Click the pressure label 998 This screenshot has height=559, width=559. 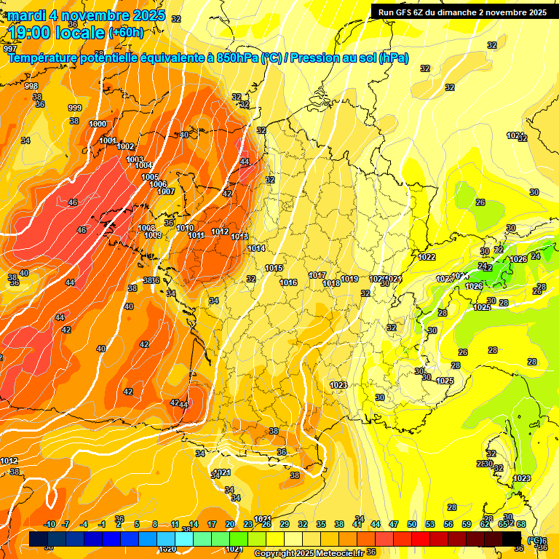(31, 86)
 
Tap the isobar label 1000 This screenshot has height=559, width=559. (97, 124)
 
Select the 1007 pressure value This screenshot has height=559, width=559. (166, 191)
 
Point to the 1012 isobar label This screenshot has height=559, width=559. (220, 231)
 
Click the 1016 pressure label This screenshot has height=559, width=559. (288, 282)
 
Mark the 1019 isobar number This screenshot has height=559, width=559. (349, 279)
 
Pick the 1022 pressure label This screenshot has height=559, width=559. (427, 257)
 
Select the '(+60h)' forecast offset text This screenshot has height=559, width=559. (126, 33)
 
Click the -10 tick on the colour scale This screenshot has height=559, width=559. (49, 524)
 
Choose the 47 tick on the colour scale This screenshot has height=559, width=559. (394, 524)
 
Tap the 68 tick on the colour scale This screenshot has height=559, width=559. (521, 524)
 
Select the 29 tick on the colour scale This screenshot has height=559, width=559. (285, 524)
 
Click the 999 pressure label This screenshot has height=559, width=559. (75, 108)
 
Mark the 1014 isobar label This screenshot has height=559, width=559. (256, 248)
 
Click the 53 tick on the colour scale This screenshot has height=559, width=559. (430, 524)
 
